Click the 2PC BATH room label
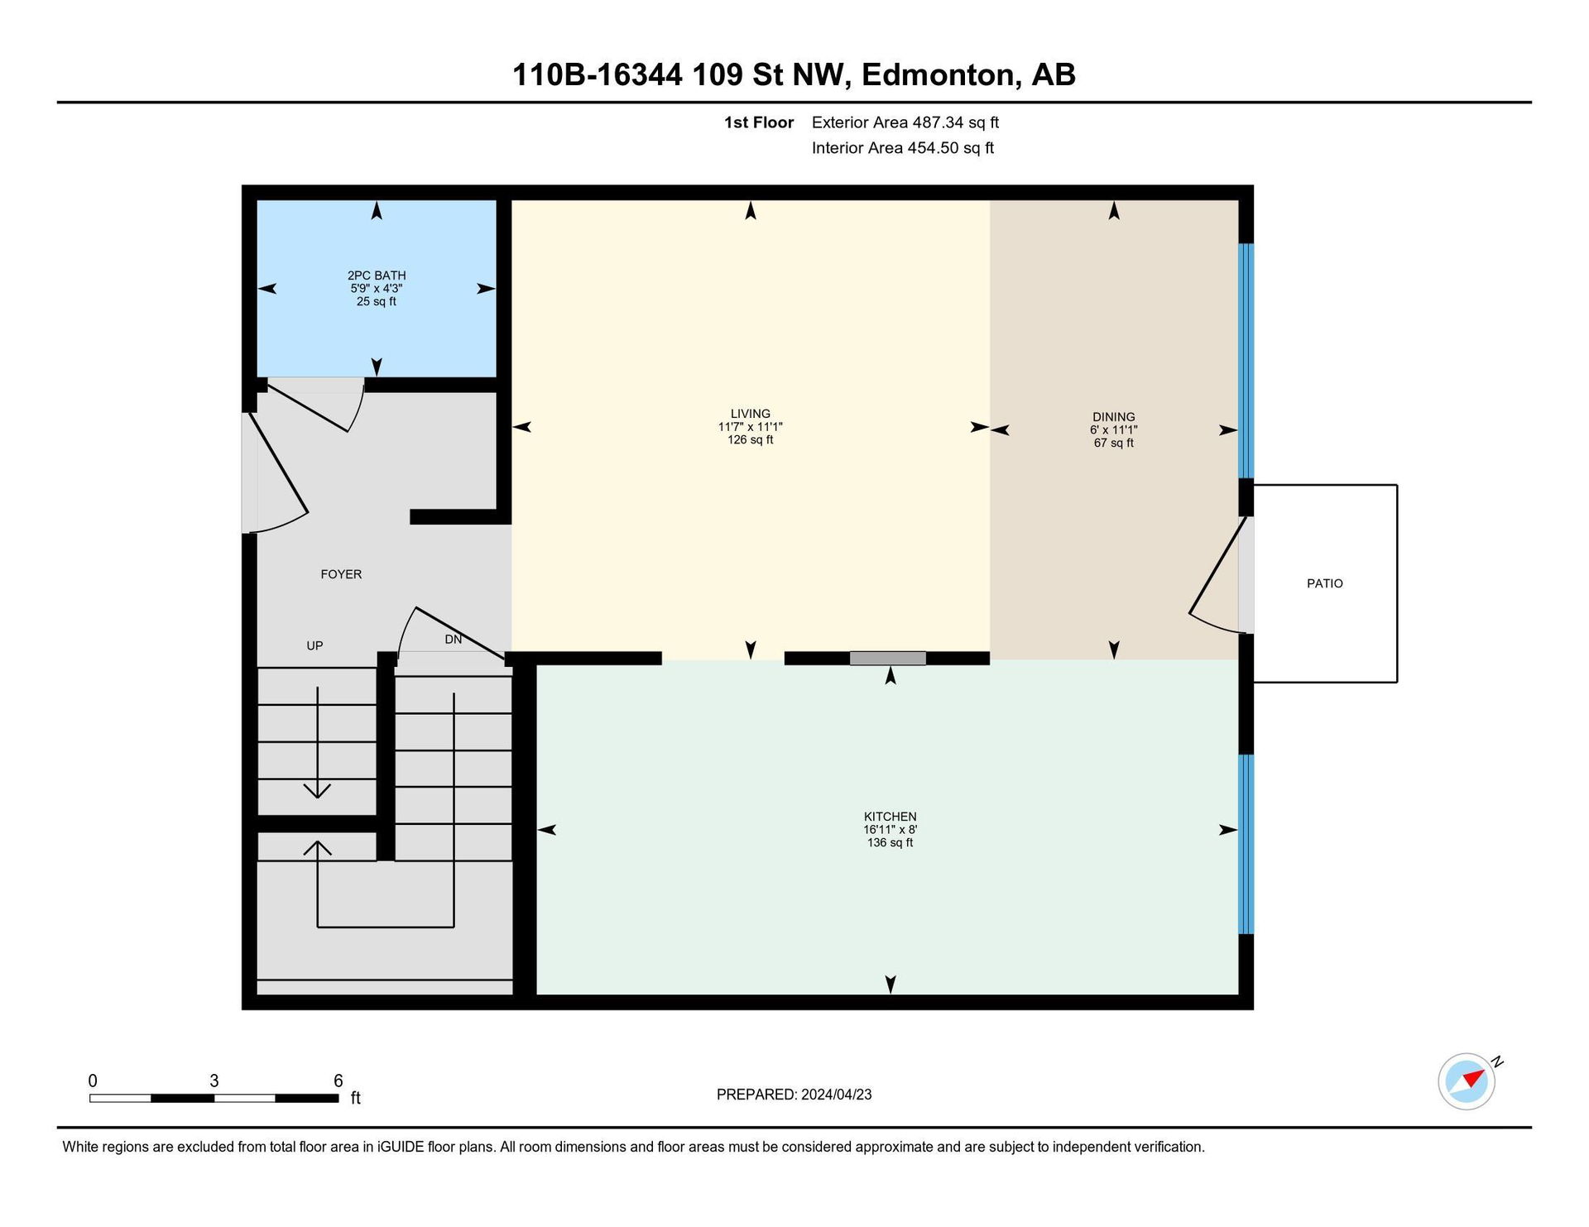377,276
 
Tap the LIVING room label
751,414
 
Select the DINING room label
1113,417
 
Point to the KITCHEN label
890,817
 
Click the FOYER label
341,574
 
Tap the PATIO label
1324,583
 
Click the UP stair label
314,645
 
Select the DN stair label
453,640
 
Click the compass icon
1467,1081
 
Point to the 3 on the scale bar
214,1081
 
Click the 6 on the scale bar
338,1081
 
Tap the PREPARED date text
794,1095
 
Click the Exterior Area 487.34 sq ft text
905,122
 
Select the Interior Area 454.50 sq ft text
902,148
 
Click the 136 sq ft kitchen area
890,843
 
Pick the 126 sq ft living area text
751,440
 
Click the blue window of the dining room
1246,361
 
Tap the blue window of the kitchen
1246,844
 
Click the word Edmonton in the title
939,75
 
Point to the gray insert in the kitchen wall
887,659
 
